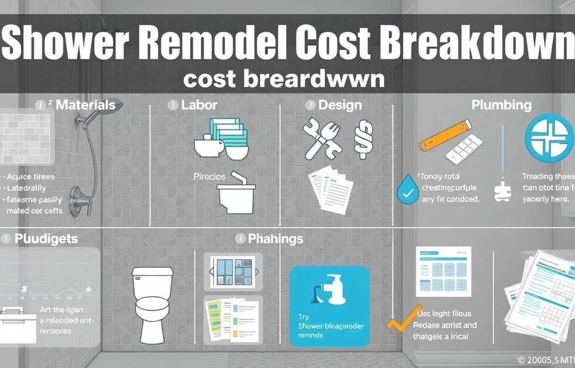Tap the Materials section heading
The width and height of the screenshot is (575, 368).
[x=85, y=104]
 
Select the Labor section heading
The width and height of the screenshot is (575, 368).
[x=199, y=104]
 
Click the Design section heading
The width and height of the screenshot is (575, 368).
[x=340, y=104]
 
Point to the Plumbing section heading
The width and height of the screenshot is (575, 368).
[x=501, y=104]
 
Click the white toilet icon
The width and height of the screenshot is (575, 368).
[x=152, y=302]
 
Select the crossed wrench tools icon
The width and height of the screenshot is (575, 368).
[x=322, y=138]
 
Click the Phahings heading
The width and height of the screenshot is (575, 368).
[x=275, y=238]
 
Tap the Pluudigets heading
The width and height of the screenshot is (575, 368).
[x=46, y=238]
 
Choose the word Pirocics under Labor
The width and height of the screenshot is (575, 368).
[x=209, y=176]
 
